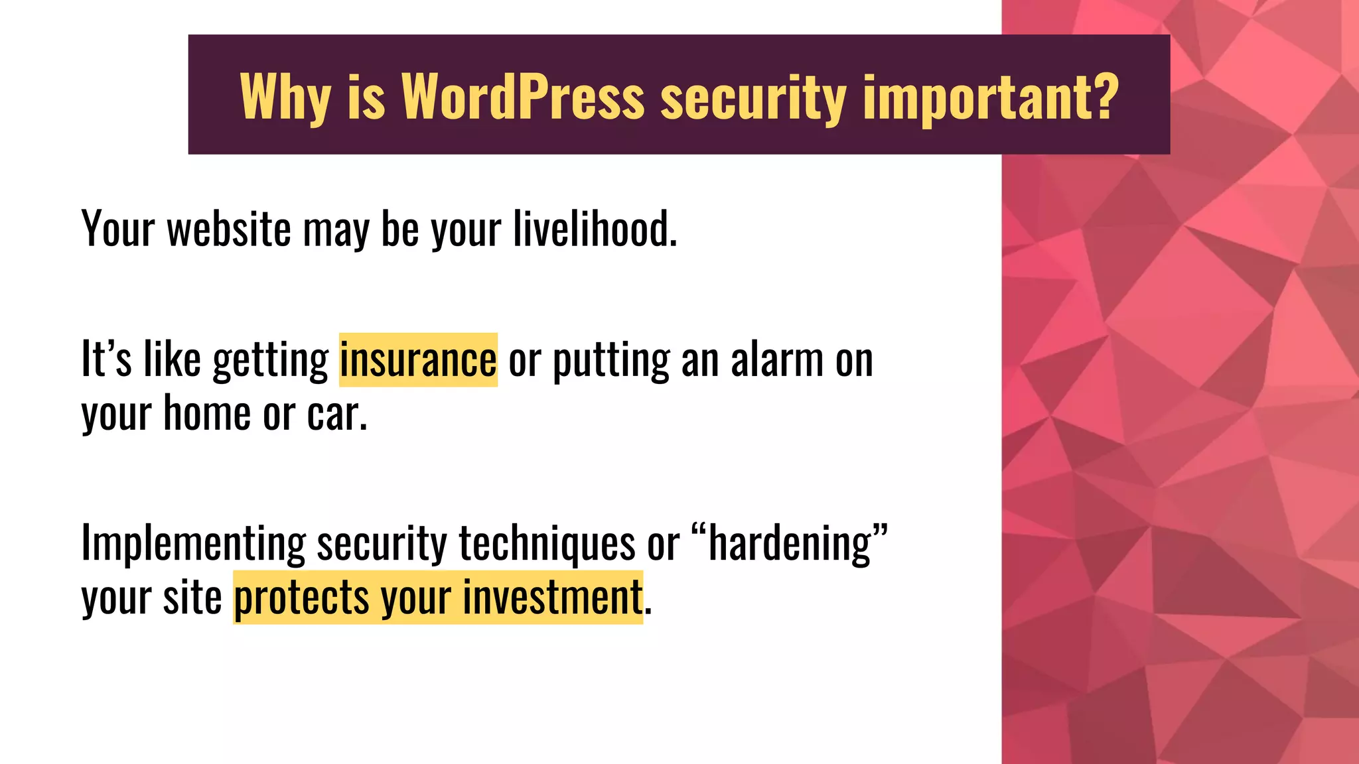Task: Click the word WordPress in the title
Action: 523,96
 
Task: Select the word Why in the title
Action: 285,97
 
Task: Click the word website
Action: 229,229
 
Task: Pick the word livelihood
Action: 595,229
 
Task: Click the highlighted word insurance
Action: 418,360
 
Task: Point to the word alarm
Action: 777,360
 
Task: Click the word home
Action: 207,413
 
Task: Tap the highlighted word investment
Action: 552,597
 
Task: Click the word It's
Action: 106,360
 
